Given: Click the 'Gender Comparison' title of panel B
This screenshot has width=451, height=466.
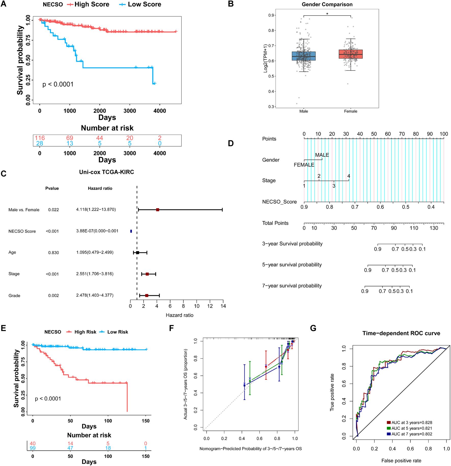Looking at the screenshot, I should click(327, 5).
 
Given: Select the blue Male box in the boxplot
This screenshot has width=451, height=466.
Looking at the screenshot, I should click(304, 56).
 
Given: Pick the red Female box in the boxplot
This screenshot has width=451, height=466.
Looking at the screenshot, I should click(350, 54).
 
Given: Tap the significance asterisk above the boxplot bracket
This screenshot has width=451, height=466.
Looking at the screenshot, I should click(327, 14).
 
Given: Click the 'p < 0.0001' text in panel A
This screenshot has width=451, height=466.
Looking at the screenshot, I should click(58, 84).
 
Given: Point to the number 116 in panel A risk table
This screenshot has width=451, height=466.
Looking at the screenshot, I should click(40, 138).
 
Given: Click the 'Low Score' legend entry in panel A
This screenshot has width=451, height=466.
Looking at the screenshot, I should click(144, 4).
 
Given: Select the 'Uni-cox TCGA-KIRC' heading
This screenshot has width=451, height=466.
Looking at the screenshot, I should click(106, 172).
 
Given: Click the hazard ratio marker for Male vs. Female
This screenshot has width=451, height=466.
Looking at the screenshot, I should click(158, 210).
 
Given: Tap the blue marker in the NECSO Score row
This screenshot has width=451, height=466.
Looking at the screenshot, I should click(131, 231).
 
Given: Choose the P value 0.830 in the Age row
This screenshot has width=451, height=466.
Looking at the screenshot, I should click(53, 253).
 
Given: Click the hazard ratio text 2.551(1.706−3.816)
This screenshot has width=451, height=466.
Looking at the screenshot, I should click(95, 274).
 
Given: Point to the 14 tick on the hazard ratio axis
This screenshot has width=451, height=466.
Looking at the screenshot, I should click(223, 306).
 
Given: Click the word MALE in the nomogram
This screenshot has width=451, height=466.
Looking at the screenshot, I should click(322, 155).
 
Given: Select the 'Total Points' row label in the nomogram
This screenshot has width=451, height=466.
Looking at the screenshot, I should click(275, 223).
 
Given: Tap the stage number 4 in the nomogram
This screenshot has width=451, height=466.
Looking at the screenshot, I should click(349, 176).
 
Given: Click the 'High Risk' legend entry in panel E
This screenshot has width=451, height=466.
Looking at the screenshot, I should click(85, 332).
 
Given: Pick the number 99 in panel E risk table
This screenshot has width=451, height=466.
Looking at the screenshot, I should click(33, 448).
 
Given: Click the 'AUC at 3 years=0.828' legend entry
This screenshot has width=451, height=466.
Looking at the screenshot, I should click(411, 422).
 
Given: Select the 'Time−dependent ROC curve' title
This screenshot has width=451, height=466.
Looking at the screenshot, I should click(401, 333).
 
